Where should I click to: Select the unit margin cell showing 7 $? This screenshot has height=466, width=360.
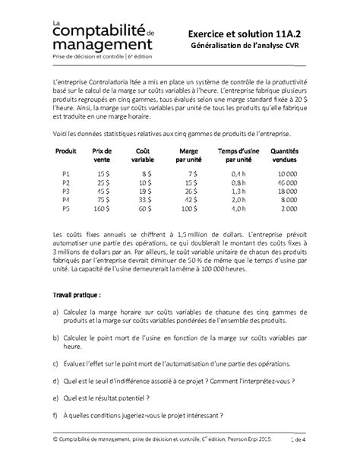193,174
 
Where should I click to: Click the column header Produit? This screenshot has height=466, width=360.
67,152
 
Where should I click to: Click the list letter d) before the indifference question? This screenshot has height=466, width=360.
57,378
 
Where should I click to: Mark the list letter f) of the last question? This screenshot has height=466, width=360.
57,416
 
